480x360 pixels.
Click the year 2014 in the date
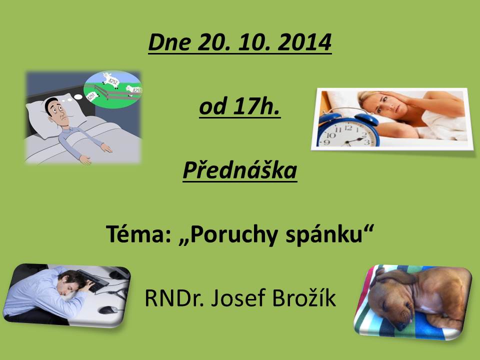(304, 42)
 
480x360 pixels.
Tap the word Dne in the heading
(170, 42)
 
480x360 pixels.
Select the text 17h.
(256, 106)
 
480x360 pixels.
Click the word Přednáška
(240, 169)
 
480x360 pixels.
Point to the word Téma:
(138, 234)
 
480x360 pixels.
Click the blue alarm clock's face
(348, 134)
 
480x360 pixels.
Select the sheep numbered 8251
(92, 96)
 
